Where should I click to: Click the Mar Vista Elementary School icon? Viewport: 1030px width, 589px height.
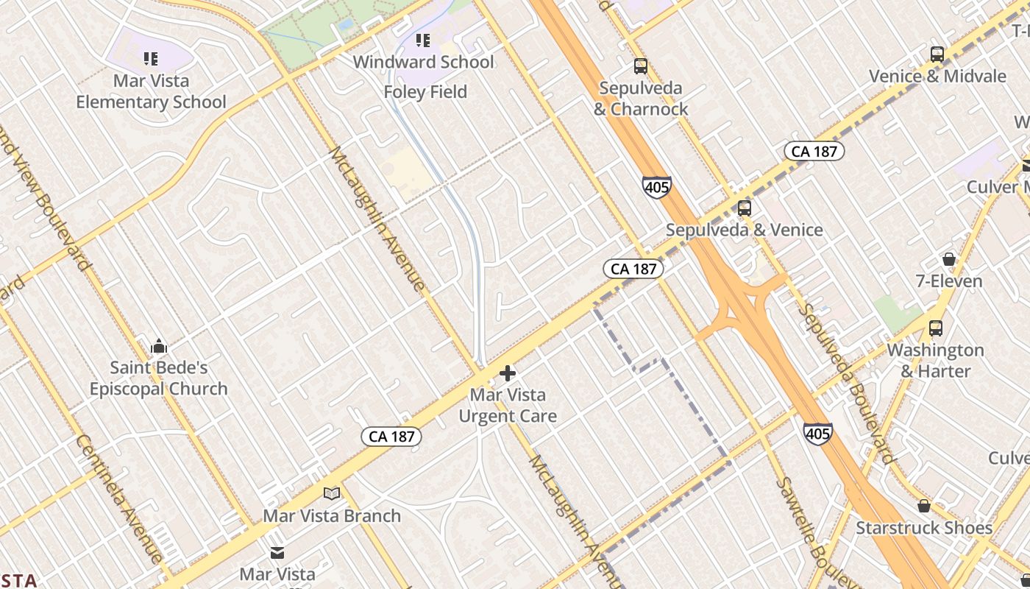pyautogui.click(x=151, y=58)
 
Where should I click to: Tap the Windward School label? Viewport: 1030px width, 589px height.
pyautogui.click(x=423, y=62)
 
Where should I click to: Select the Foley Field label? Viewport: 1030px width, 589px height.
pyautogui.click(x=425, y=92)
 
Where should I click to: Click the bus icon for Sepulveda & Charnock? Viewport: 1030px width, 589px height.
pyautogui.click(x=641, y=66)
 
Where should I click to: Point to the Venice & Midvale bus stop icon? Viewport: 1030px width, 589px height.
pyautogui.click(x=937, y=54)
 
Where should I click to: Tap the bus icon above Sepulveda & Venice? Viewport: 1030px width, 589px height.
pyautogui.click(x=745, y=208)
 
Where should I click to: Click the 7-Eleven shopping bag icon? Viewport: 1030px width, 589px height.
pyautogui.click(x=949, y=259)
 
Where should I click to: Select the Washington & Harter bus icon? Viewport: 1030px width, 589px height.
pyautogui.click(x=936, y=328)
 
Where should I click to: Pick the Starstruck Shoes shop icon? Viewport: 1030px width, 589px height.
pyautogui.click(x=924, y=506)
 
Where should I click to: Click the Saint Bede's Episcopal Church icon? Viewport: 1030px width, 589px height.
pyautogui.click(x=159, y=345)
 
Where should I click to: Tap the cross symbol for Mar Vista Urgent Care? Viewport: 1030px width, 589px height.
pyautogui.click(x=507, y=373)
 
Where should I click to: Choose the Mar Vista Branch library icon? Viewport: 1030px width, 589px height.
pyautogui.click(x=332, y=493)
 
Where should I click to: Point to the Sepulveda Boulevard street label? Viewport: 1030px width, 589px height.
pyautogui.click(x=848, y=383)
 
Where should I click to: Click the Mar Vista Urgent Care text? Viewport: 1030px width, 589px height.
pyautogui.click(x=508, y=406)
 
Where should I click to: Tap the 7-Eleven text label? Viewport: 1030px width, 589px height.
pyautogui.click(x=949, y=281)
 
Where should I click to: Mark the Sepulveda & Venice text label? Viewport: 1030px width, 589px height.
pyautogui.click(x=745, y=230)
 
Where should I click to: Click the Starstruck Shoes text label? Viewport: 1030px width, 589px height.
pyautogui.click(x=924, y=528)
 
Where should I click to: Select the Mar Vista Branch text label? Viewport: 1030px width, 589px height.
pyautogui.click(x=332, y=515)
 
